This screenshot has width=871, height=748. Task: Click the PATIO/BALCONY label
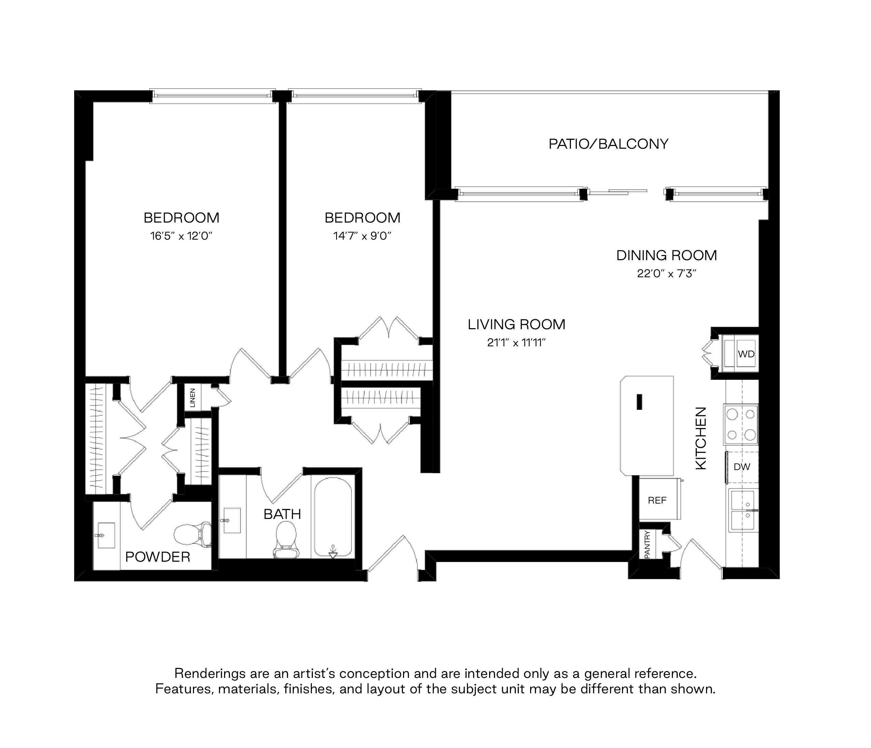tap(608, 144)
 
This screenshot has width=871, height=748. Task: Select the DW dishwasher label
tap(742, 467)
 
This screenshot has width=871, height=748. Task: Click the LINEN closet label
tap(193, 398)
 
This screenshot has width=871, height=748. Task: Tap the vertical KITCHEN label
tap(702, 438)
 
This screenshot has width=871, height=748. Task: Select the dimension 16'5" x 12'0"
tap(181, 236)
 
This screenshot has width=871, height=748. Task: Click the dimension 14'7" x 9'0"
tap(362, 236)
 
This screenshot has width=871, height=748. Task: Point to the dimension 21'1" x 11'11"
tap(516, 343)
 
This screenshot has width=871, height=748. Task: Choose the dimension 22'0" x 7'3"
tap(667, 274)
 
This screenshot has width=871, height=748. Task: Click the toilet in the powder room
tap(193, 534)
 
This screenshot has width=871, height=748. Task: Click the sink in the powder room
tap(106, 536)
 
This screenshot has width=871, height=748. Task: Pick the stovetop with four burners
tap(741, 425)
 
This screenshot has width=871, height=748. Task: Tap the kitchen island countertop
tap(647, 426)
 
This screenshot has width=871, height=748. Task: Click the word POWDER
tap(158, 557)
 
